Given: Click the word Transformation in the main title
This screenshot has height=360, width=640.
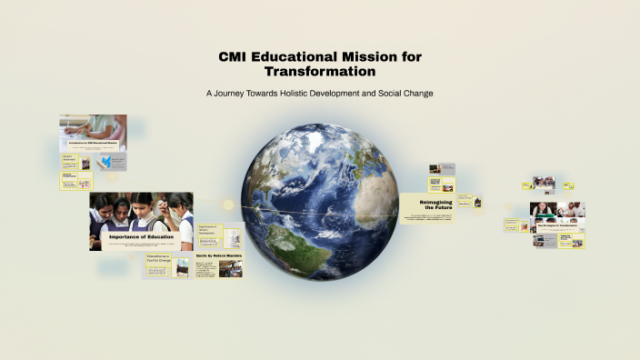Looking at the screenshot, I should click(320, 70).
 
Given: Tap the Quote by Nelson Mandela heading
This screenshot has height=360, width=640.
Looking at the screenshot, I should click(219, 256).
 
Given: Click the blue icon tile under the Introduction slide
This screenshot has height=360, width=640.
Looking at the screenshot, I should click(110, 161).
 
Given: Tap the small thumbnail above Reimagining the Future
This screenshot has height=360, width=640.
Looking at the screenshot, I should click(436, 168).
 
